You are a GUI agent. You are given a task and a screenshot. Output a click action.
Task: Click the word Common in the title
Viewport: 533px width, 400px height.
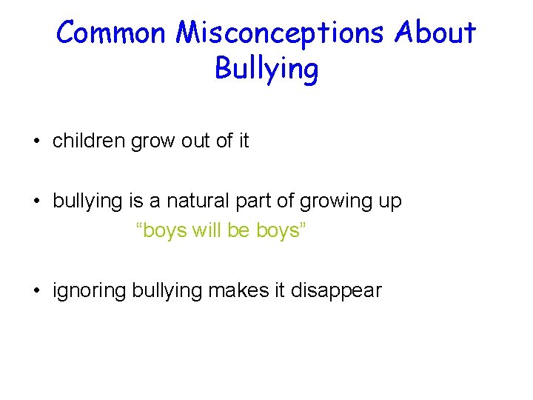click(x=112, y=33)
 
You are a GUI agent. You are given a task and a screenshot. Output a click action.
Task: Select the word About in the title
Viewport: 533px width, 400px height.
click(x=436, y=33)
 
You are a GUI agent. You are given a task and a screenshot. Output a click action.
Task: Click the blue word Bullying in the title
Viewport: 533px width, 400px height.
click(x=266, y=70)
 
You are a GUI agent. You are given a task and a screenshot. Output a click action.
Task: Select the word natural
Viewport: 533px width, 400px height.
click(x=196, y=201)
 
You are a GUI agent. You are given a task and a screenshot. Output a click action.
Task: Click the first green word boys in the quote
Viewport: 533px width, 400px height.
click(x=162, y=230)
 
